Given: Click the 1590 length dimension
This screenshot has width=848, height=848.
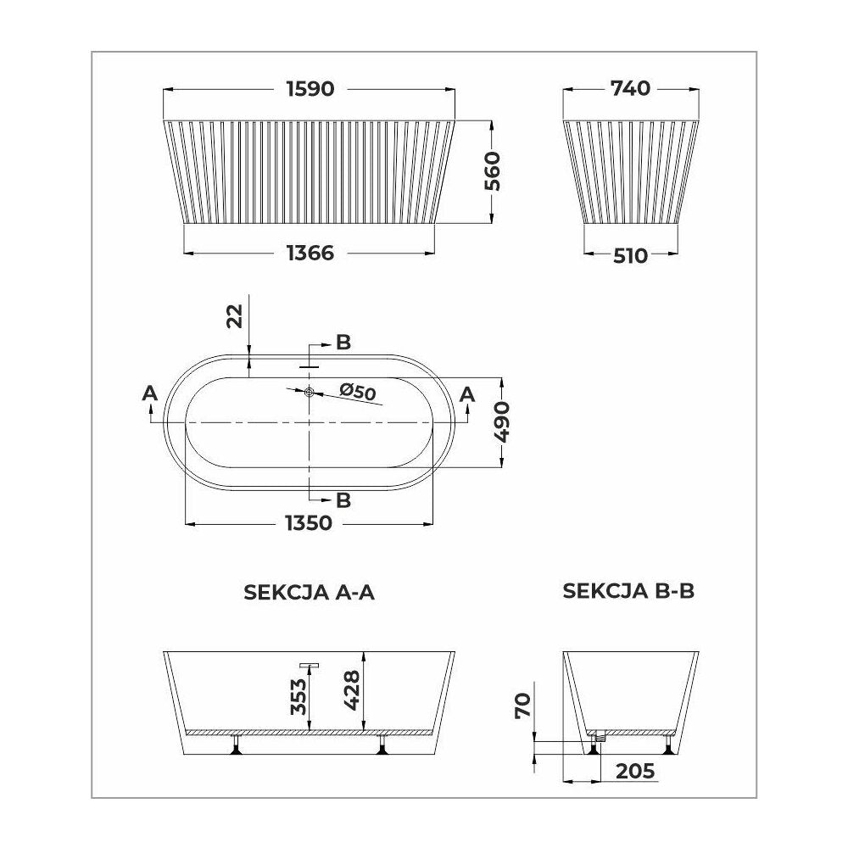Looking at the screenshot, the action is click(310, 89).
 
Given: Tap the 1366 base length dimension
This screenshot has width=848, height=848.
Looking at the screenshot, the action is click(310, 253).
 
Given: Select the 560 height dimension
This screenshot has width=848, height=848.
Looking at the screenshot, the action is click(492, 171).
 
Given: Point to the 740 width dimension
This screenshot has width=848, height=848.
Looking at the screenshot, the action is click(630, 88).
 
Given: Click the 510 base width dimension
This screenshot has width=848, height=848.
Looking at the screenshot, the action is click(631, 255).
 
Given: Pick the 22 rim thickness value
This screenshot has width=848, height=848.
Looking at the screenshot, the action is click(235, 316).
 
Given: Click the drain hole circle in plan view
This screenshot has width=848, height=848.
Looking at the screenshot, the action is click(309, 392).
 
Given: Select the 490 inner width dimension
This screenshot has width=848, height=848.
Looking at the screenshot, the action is click(502, 421).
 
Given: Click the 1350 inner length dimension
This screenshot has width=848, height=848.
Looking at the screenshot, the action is click(309, 523).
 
